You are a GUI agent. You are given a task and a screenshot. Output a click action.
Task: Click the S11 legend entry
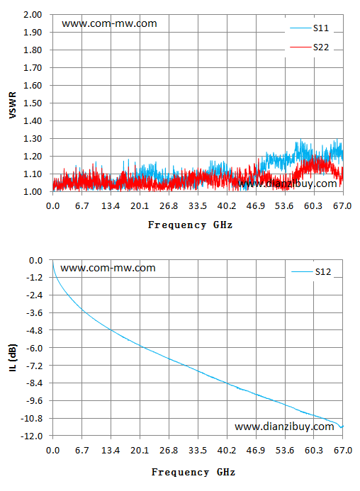pyautogui.click(x=309, y=28)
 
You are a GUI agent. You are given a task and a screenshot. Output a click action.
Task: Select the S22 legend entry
pyautogui.click(x=309, y=47)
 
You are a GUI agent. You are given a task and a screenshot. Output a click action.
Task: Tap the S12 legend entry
pyautogui.click(x=311, y=272)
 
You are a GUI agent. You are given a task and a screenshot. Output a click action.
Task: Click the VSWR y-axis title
pyautogui.click(x=13, y=105)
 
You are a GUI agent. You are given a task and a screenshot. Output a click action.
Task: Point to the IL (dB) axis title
pyautogui.click(x=13, y=358)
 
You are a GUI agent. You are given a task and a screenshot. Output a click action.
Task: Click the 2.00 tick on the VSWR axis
pyautogui.click(x=33, y=15)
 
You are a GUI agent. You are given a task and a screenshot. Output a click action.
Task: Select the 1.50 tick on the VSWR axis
pyautogui.click(x=33, y=103)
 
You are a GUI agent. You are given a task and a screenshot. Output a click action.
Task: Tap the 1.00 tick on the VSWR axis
pyautogui.click(x=33, y=191)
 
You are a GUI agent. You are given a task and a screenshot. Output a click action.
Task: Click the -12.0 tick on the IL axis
pyautogui.click(x=31, y=436)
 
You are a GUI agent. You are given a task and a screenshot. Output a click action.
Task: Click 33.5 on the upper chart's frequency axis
pyautogui.click(x=198, y=206)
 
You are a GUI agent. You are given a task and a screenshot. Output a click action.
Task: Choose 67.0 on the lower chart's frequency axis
pyautogui.click(x=343, y=451)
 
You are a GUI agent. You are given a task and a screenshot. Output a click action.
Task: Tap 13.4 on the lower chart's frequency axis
pyautogui.click(x=111, y=451)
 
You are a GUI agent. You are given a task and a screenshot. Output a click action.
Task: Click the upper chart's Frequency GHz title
pyautogui.click(x=190, y=225)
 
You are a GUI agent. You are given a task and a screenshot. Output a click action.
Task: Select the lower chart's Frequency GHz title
pyautogui.click(x=193, y=472)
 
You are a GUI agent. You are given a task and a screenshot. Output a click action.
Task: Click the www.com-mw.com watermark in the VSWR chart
pyautogui.click(x=109, y=23)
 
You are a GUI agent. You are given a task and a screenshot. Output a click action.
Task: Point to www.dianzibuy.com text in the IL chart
pyautogui.click(x=284, y=427)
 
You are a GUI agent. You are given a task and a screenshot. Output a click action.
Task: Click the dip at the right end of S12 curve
pyautogui.click(x=341, y=427)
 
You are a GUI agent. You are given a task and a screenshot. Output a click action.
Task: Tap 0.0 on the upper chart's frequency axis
pyautogui.click(x=52, y=206)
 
